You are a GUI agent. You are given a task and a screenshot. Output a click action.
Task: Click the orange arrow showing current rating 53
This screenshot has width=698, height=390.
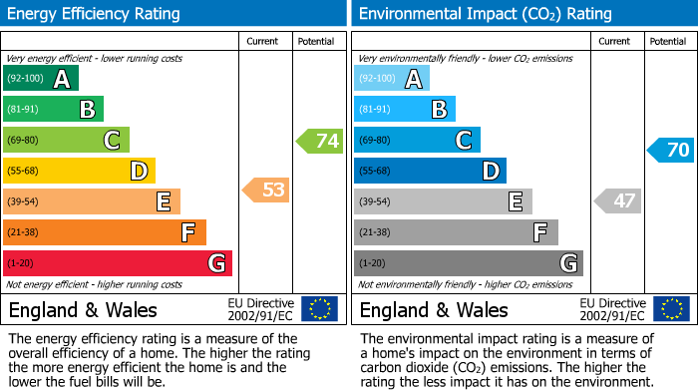(266, 190)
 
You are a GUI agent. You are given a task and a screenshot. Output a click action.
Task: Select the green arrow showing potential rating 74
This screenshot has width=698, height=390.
(319, 141)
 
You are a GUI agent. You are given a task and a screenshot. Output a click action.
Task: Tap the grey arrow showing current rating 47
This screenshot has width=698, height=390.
(617, 201)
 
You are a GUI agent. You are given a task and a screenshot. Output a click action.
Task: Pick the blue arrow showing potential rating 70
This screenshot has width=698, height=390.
(670, 151)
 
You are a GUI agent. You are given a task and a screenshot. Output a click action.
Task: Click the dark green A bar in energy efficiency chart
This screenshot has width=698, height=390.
(40, 79)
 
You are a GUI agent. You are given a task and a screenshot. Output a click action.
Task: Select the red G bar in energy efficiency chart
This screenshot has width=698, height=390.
(118, 263)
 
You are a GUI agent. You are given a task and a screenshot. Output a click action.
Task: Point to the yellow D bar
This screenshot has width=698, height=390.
(80, 172)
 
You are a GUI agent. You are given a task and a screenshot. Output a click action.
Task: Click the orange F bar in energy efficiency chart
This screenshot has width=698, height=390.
(105, 232)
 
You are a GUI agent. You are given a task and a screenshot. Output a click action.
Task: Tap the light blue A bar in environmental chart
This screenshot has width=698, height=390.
(392, 79)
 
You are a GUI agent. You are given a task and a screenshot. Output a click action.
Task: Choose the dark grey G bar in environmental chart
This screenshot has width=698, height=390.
(468, 263)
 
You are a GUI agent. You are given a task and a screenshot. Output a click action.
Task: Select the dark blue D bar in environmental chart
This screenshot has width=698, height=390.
(430, 172)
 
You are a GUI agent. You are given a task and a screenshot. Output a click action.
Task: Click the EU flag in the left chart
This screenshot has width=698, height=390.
(320, 308)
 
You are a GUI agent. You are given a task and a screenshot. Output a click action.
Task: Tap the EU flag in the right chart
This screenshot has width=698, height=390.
(671, 308)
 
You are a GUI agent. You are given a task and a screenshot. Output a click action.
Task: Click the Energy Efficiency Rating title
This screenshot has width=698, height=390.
(95, 14)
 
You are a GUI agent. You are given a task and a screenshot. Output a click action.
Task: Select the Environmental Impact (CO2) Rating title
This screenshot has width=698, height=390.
(484, 14)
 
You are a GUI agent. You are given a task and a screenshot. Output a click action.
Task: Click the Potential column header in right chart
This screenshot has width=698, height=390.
(668, 41)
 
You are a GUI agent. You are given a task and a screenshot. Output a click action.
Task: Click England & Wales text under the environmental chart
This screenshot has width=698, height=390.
(434, 309)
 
